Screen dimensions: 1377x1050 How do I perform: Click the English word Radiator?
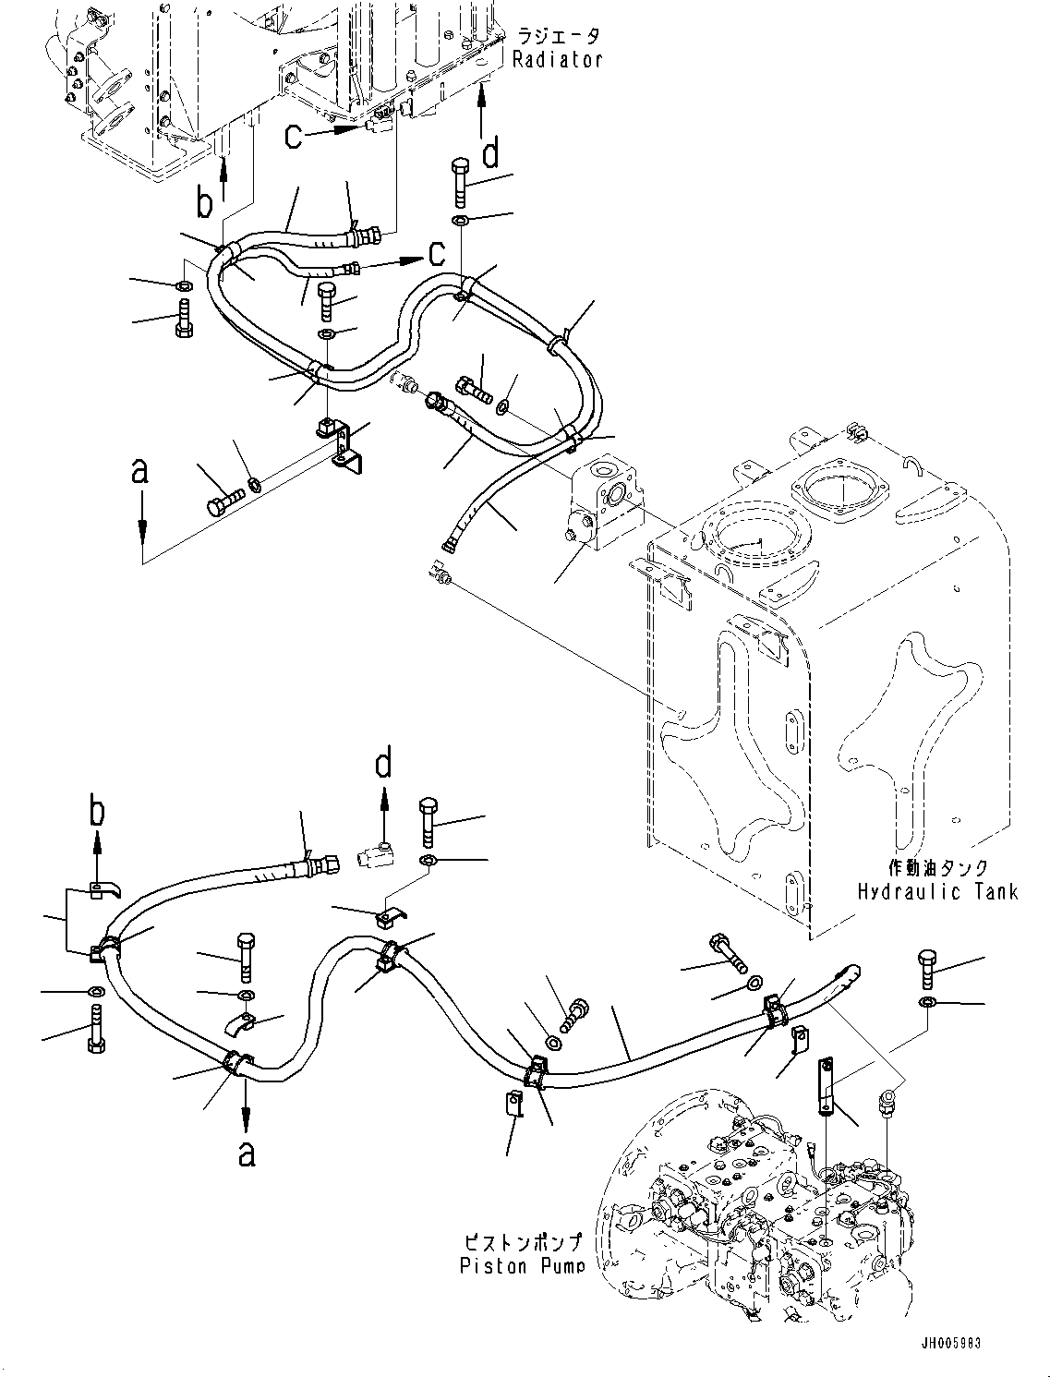(x=558, y=60)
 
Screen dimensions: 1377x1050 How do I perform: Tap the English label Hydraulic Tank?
(x=937, y=891)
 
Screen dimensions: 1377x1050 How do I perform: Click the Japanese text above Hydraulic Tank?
(x=937, y=868)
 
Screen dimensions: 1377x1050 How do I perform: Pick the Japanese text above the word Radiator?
(x=558, y=37)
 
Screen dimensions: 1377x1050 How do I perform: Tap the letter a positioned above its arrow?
(x=140, y=472)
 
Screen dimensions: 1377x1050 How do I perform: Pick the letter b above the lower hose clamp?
(x=96, y=813)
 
